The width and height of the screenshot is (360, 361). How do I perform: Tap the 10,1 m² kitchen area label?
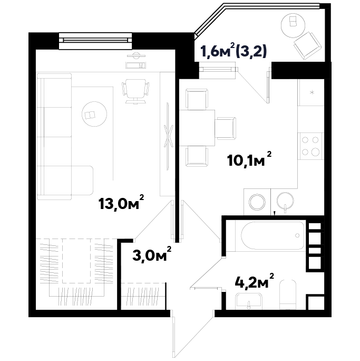tap(249, 159)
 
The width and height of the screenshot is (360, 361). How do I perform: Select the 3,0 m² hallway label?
tap(152, 254)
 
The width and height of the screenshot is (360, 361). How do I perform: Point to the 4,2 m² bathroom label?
tap(255, 281)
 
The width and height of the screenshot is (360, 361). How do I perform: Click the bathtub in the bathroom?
tap(273, 235)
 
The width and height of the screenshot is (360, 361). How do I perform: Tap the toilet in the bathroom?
tap(287, 294)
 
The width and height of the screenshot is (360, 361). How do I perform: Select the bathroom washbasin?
tap(249, 301)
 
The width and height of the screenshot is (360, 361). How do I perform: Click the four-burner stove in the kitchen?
tap(310, 146)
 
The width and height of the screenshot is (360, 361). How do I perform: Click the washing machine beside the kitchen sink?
tap(257, 202)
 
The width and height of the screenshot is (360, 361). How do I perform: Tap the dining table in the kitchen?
tap(197, 128)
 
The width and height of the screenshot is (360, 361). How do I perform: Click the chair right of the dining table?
tap(227, 128)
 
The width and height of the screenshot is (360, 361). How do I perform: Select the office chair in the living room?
tap(135, 91)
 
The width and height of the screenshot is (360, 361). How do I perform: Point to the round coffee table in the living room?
tap(94, 114)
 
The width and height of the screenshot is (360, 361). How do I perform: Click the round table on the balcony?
tap(293, 25)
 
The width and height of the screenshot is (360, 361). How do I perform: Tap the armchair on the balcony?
tap(307, 46)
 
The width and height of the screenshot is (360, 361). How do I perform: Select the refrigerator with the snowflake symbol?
tap(311, 92)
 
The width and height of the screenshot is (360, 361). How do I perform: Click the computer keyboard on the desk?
tap(135, 65)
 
